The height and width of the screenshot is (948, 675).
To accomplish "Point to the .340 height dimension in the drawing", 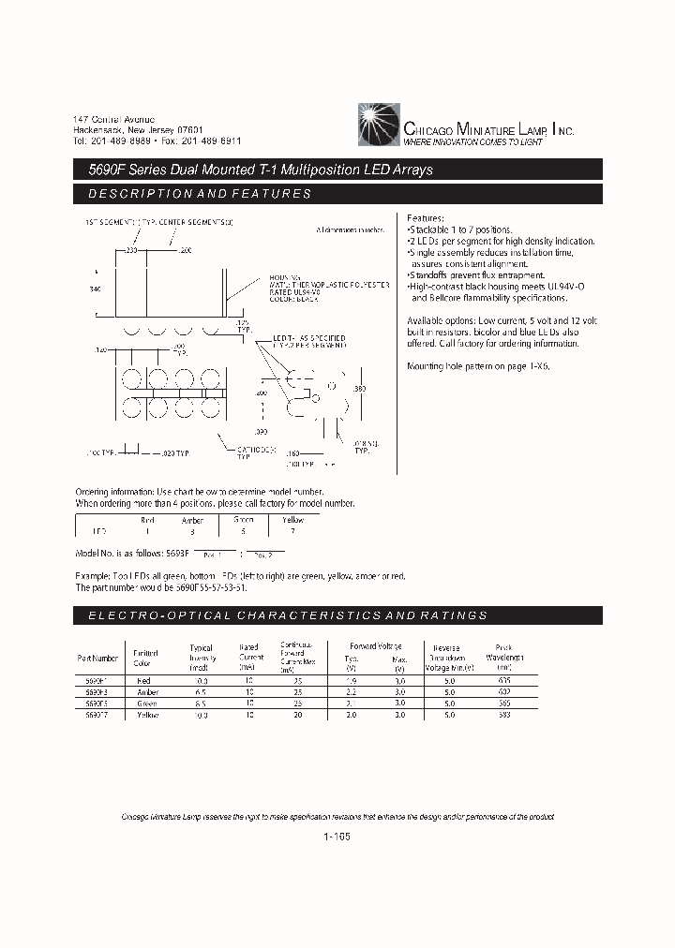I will pos(95,289).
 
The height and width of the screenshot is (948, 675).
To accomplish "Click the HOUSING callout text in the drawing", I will pos(283,278).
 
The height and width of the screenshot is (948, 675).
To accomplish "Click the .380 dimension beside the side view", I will pos(358,387).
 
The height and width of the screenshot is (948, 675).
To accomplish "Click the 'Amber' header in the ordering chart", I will pos(192,520).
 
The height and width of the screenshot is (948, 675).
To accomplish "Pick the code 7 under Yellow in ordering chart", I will pos(292,531).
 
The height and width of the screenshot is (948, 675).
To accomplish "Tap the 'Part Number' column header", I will pos(97,658).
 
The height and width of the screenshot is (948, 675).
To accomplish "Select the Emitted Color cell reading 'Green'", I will pos(146,703).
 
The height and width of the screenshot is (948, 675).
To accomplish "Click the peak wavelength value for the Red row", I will pos(505,680).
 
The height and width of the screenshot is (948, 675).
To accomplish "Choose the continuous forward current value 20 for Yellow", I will pos(297,715).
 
